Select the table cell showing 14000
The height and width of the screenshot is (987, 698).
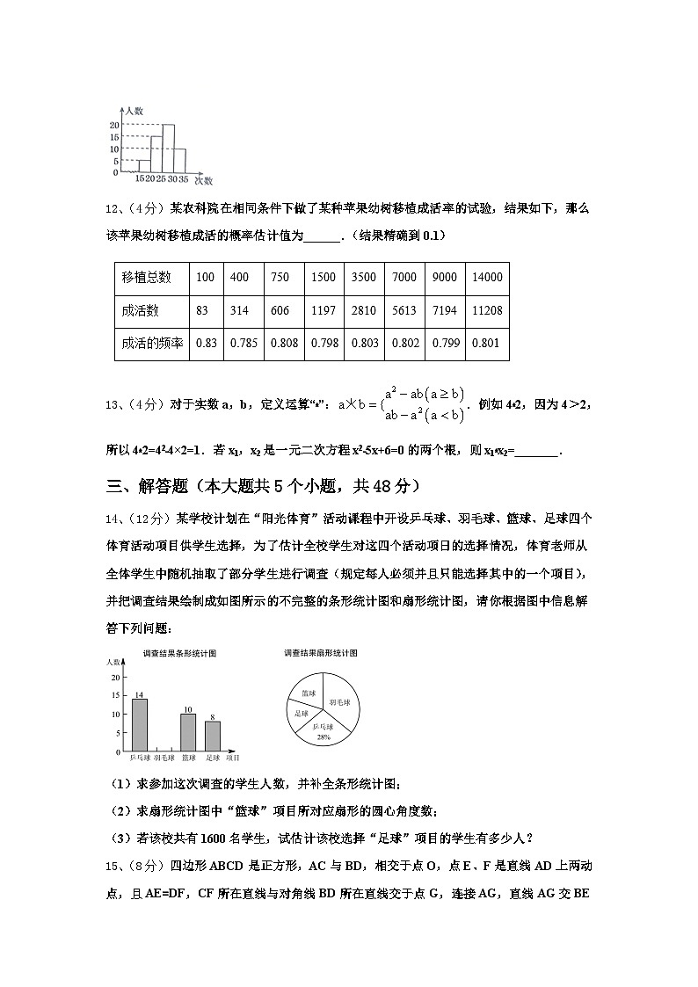coord(486,278)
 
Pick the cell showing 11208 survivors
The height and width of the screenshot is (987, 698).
coord(486,311)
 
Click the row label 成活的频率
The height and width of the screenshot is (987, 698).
coord(151,344)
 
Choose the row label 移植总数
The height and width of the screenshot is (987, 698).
coord(146,278)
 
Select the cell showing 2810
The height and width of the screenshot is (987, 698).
coord(363,311)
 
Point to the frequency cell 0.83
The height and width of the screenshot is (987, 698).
coord(206,344)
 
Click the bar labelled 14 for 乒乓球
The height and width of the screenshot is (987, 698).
coord(139,725)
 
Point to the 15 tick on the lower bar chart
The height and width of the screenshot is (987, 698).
coord(116,696)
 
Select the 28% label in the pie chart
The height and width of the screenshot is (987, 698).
coord(324,737)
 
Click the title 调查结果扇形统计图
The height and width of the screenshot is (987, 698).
coord(320,654)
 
